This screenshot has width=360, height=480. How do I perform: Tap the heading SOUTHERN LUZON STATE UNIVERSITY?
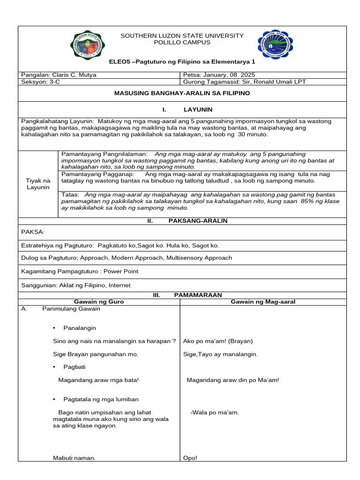182,36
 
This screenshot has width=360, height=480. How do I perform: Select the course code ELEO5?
118,61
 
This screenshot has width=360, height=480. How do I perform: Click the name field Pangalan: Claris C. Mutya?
58,75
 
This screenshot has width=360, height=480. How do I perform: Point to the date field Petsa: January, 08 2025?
219,75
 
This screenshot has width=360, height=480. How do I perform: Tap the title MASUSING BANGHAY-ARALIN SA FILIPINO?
182,93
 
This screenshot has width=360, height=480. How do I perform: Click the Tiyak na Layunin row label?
38,184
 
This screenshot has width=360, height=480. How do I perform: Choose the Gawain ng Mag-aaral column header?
263,301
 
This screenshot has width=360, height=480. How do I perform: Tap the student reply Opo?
190,458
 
